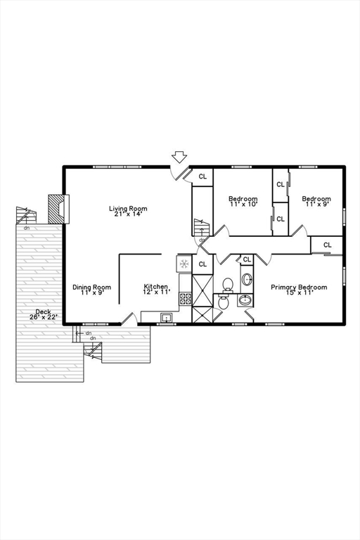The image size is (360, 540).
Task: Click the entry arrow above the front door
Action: click(179, 157)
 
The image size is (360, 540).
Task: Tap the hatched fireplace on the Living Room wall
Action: click(56, 209)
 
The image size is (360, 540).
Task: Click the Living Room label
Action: click(128, 208)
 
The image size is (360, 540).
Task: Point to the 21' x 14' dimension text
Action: click(128, 214)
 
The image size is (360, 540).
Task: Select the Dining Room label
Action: click(91, 287)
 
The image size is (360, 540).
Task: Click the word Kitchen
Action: click(155, 287)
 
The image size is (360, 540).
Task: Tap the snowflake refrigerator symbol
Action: click(184, 264)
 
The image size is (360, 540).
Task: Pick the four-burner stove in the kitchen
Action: click(185, 298)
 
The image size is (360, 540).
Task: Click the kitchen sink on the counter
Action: click(167, 318)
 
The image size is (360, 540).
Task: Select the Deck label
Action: click(43, 312)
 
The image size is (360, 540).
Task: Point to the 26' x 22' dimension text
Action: click(43, 317)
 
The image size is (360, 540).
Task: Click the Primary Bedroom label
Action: click(299, 287)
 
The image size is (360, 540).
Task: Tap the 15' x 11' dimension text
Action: click(299, 292)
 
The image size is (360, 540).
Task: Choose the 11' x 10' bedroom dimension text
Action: click(243, 204)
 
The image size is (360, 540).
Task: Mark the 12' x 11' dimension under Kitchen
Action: click(156, 292)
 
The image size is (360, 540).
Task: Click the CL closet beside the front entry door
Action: click(202, 176)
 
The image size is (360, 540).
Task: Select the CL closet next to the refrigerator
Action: click(202, 264)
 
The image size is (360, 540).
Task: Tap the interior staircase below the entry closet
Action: click(201, 228)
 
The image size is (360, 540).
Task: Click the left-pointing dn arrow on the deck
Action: click(79, 333)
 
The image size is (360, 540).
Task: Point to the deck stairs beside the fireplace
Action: click(26, 215)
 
